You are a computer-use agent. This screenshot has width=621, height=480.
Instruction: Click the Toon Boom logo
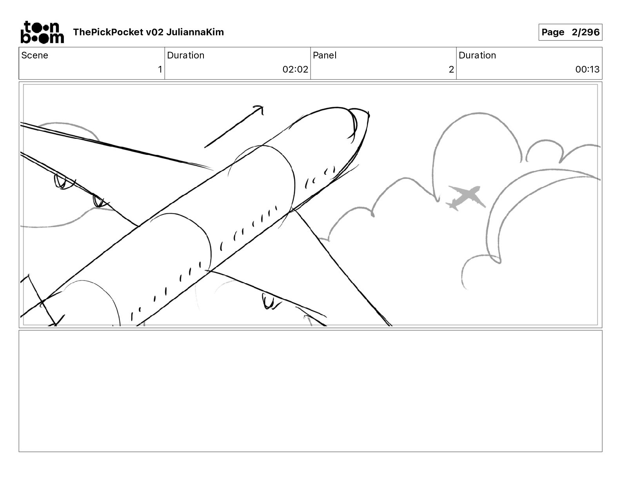click(42, 32)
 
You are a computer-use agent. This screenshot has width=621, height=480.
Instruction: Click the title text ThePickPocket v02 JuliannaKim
click(148, 32)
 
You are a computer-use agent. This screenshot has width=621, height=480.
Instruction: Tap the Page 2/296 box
click(570, 32)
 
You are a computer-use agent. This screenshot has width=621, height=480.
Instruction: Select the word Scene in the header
click(35, 55)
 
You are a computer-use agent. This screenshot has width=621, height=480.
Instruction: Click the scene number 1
click(160, 69)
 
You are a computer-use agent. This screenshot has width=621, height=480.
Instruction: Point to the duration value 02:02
click(295, 69)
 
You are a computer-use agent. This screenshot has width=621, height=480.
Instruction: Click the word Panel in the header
click(325, 55)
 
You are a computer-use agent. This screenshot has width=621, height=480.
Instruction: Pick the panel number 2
click(451, 69)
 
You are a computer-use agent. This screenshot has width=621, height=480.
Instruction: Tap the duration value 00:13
click(587, 69)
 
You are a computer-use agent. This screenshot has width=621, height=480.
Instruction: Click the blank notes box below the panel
click(310, 391)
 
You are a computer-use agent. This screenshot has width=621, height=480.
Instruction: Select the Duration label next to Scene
click(185, 55)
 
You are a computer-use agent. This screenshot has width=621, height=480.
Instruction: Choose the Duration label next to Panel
click(477, 55)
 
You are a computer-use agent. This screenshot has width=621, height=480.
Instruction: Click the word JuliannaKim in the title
click(195, 32)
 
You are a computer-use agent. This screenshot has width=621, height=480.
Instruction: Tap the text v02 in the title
click(154, 32)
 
